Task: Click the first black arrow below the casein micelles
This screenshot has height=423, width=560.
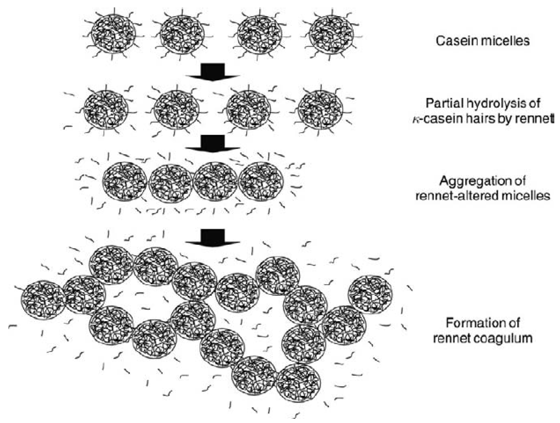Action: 212,72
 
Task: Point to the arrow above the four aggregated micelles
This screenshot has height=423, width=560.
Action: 212,143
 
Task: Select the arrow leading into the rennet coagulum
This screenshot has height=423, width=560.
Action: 212,237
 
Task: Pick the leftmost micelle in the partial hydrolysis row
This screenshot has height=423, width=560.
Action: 106,109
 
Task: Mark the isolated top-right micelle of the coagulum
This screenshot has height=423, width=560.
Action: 370,294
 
